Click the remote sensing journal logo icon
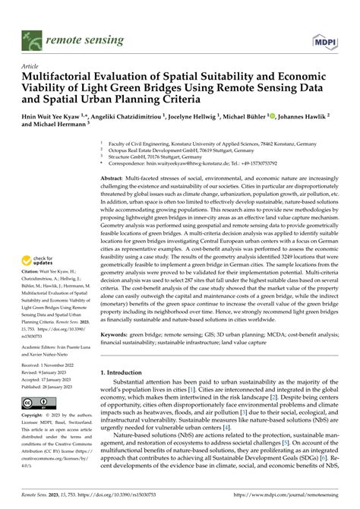tap(32, 34)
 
